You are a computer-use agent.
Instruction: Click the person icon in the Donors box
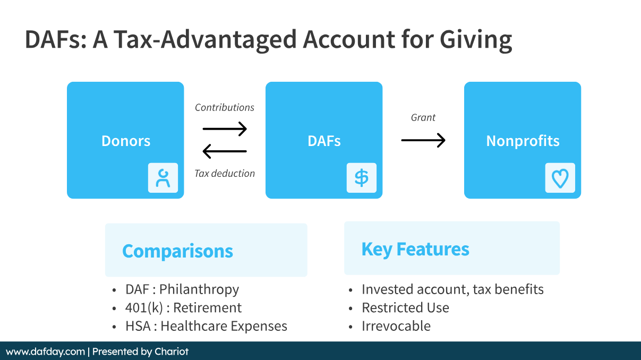[163, 178]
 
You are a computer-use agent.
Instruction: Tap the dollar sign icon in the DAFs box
[362, 178]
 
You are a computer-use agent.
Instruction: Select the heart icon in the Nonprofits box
[560, 178]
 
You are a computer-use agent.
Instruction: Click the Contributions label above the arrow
[225, 107]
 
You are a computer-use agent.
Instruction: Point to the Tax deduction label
[225, 173]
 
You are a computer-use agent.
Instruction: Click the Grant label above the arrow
[423, 117]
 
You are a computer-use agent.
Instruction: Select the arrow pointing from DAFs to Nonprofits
[423, 140]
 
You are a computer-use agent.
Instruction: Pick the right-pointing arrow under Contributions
[225, 128]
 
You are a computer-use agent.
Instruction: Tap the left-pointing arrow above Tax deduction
[225, 151]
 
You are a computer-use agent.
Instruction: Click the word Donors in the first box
[126, 141]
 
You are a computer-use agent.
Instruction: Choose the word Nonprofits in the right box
[523, 141]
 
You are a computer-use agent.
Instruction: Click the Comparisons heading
[177, 251]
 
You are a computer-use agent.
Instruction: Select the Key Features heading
[415, 249]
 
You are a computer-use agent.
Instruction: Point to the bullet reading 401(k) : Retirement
[183, 308]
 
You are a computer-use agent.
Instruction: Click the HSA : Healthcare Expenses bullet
[206, 326]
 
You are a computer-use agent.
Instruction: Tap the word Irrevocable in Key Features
[396, 326]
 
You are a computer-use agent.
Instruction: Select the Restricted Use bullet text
[405, 308]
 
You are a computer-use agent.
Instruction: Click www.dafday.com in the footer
[45, 352]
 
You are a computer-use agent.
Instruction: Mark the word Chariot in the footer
[172, 352]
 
